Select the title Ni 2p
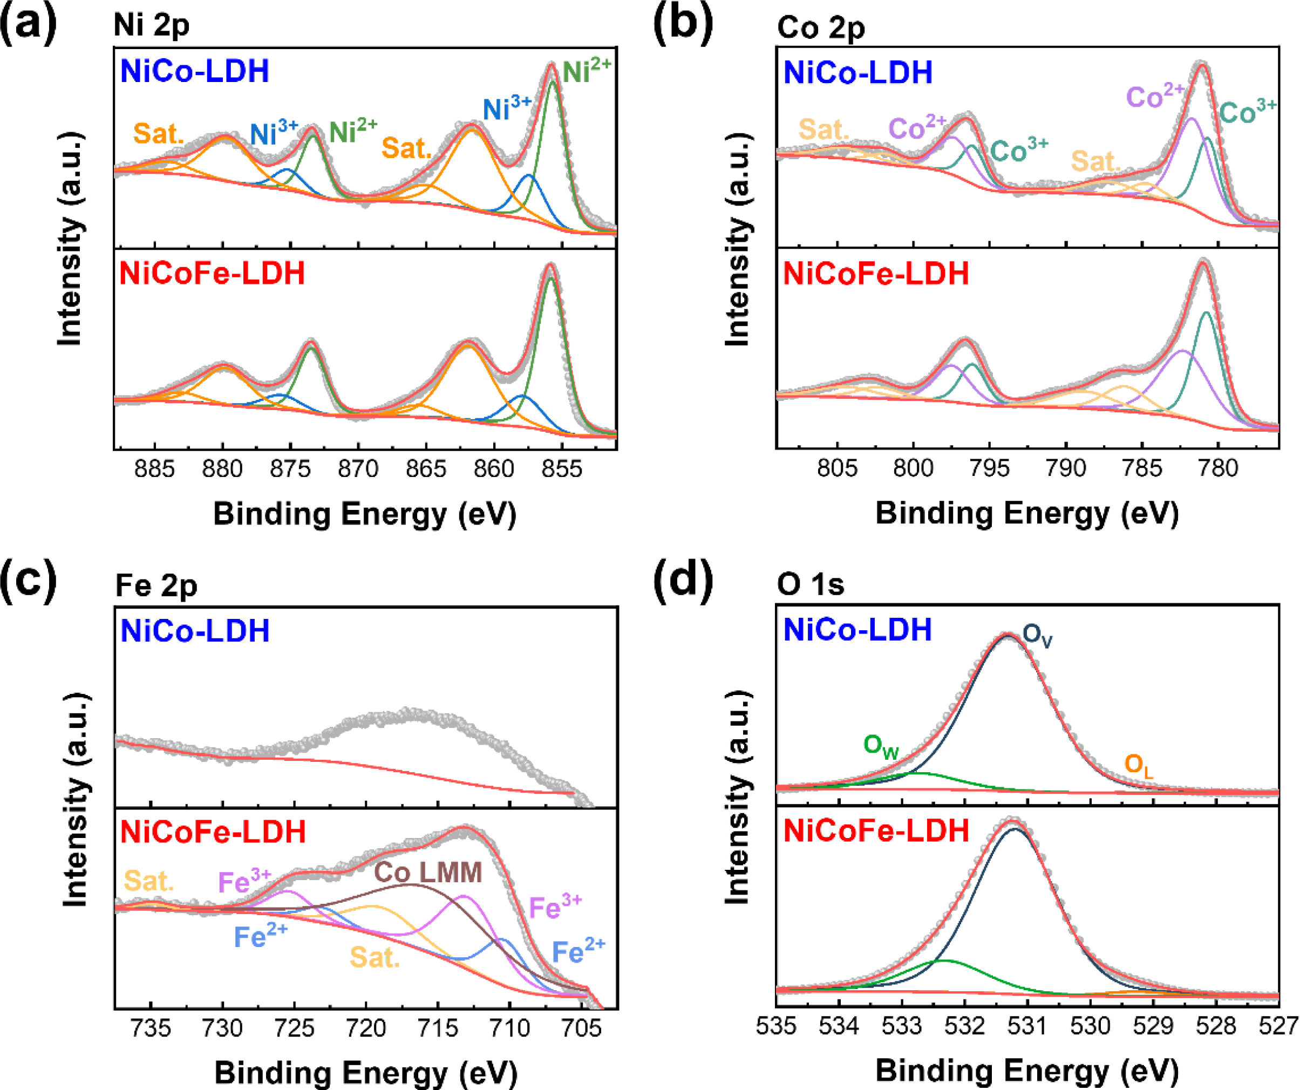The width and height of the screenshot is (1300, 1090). point(151,26)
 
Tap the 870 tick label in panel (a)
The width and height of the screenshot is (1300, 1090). point(358,469)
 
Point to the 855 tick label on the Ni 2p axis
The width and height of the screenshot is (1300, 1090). point(561,469)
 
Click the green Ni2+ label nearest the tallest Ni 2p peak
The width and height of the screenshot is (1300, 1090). point(586,71)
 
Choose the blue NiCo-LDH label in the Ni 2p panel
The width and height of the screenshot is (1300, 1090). point(194,71)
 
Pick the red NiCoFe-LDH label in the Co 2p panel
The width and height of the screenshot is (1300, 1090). point(876,274)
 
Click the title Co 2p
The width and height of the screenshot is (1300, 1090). point(821,28)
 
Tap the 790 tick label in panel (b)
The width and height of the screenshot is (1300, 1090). point(1065,468)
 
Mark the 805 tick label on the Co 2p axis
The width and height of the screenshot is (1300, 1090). point(837,468)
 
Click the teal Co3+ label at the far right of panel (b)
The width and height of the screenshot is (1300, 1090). point(1247,112)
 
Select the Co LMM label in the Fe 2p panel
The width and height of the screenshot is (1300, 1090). point(428,873)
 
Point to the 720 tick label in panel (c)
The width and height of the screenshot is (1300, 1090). point(366,1028)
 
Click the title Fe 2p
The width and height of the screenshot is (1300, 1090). point(156,585)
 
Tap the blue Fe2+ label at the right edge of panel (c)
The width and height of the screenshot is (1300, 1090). point(578,951)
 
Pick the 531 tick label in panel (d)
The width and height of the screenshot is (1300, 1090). point(1027,1026)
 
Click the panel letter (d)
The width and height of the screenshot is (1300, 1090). point(683,580)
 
